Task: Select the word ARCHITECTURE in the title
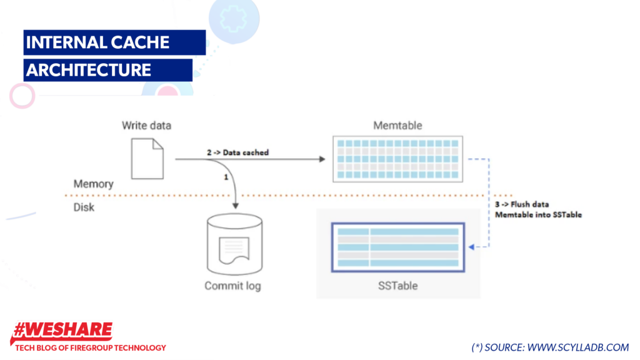[88, 69]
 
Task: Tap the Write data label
[146, 126]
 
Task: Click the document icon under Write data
[147, 159]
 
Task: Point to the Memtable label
[397, 126]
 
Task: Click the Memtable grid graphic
[397, 159]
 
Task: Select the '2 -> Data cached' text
[237, 152]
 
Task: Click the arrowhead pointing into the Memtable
[322, 159]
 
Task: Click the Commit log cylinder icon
[233, 244]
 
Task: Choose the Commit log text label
[232, 286]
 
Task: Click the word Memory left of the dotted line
[94, 184]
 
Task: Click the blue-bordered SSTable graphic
[397, 247]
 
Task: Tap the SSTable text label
[397, 286]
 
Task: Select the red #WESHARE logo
[62, 331]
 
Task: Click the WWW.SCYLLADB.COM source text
[578, 347]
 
